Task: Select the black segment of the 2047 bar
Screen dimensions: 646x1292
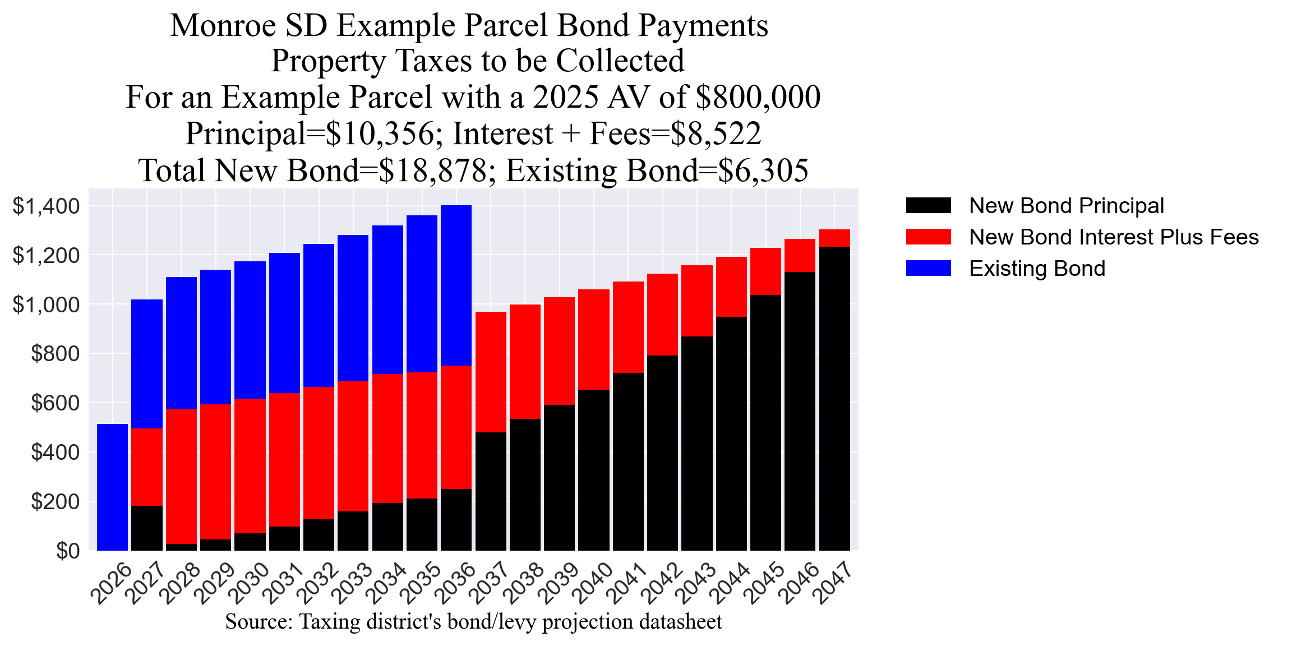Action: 834,398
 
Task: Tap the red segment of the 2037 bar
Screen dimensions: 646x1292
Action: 491,372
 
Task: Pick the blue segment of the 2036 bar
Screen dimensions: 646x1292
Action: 456,285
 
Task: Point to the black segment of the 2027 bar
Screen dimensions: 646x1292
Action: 147,528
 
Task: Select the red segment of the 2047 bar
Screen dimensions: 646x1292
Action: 834,238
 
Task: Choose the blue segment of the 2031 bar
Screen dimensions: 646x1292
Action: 284,322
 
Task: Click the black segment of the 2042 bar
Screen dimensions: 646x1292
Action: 662,453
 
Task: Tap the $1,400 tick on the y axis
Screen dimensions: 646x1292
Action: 47,206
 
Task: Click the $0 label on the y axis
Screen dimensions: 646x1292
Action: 67,551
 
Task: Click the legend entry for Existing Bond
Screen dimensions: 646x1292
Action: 1037,269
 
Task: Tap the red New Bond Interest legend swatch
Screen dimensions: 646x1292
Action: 928,237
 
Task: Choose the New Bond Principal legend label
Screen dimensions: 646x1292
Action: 1066,206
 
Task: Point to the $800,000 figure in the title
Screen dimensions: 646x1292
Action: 758,98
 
